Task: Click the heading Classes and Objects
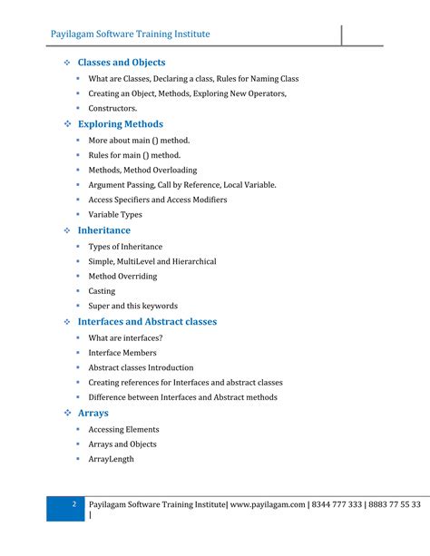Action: tap(122, 63)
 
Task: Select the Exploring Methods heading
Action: tap(121, 124)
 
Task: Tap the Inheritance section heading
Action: tap(107, 230)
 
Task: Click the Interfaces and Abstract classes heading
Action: tap(160, 322)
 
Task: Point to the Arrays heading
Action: tap(93, 414)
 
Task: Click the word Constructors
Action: tap(112, 108)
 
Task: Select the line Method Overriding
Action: tap(122, 276)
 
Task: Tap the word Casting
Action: tap(102, 291)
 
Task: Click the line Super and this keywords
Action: tap(132, 306)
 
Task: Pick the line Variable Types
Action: tap(115, 215)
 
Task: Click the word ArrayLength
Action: tap(111, 459)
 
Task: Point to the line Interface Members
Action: tap(122, 353)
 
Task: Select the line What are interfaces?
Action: tap(125, 337)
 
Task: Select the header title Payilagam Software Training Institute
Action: tap(130, 34)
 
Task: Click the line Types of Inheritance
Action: tap(125, 246)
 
